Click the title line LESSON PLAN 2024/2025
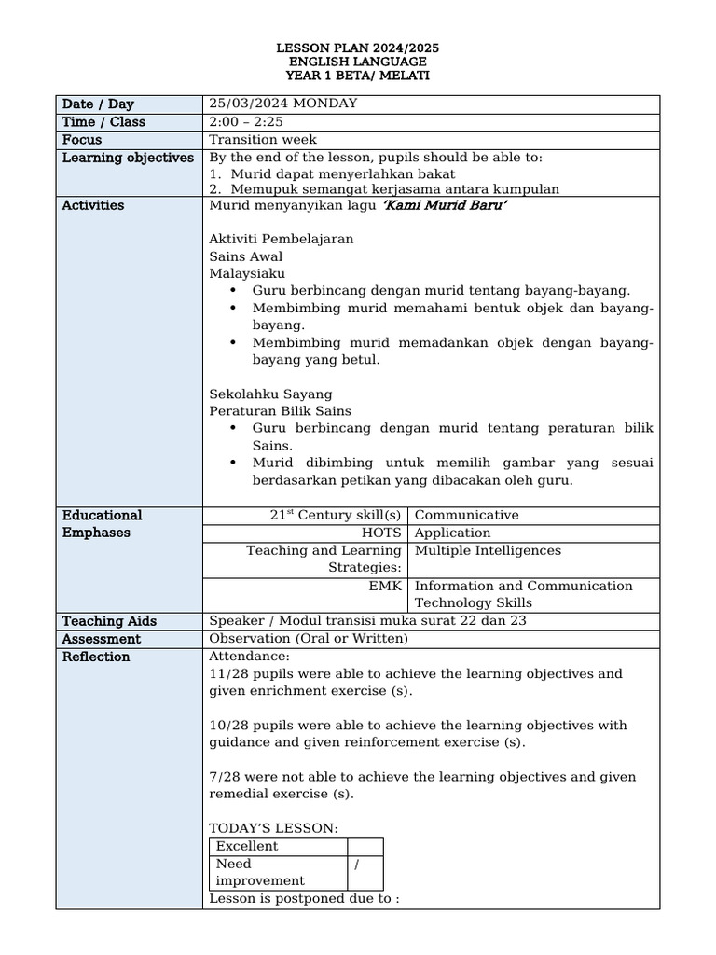pyautogui.click(x=358, y=47)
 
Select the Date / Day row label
pyautogui.click(x=98, y=104)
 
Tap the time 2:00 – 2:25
pyautogui.click(x=246, y=121)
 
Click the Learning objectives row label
pyautogui.click(x=128, y=158)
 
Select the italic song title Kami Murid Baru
pyautogui.click(x=446, y=205)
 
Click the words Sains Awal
pyautogui.click(x=246, y=256)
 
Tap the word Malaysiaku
pyautogui.click(x=247, y=273)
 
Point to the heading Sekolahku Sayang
pyautogui.click(x=270, y=394)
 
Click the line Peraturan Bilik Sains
pyautogui.click(x=281, y=410)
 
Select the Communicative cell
pyautogui.click(x=466, y=515)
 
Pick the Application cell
pyautogui.click(x=452, y=533)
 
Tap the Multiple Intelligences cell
pyautogui.click(x=488, y=550)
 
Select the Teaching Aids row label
pyautogui.click(x=109, y=621)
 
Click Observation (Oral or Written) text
pyautogui.click(x=309, y=639)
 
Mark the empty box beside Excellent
pyautogui.click(x=365, y=847)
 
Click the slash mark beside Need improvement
pyautogui.click(x=358, y=865)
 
